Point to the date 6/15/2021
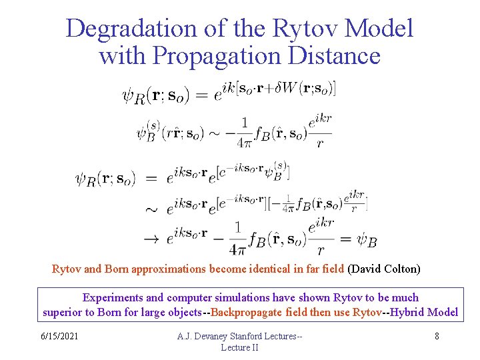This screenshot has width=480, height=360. pos(58,336)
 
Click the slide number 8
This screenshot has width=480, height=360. pos(437,336)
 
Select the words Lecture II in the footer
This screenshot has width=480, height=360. pos(240,347)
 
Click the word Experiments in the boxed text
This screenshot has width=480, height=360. pos(111,297)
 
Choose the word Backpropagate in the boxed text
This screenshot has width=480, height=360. pos(257,312)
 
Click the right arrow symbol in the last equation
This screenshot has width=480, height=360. pos(152,238)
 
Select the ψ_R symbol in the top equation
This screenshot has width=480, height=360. pos(133,96)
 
